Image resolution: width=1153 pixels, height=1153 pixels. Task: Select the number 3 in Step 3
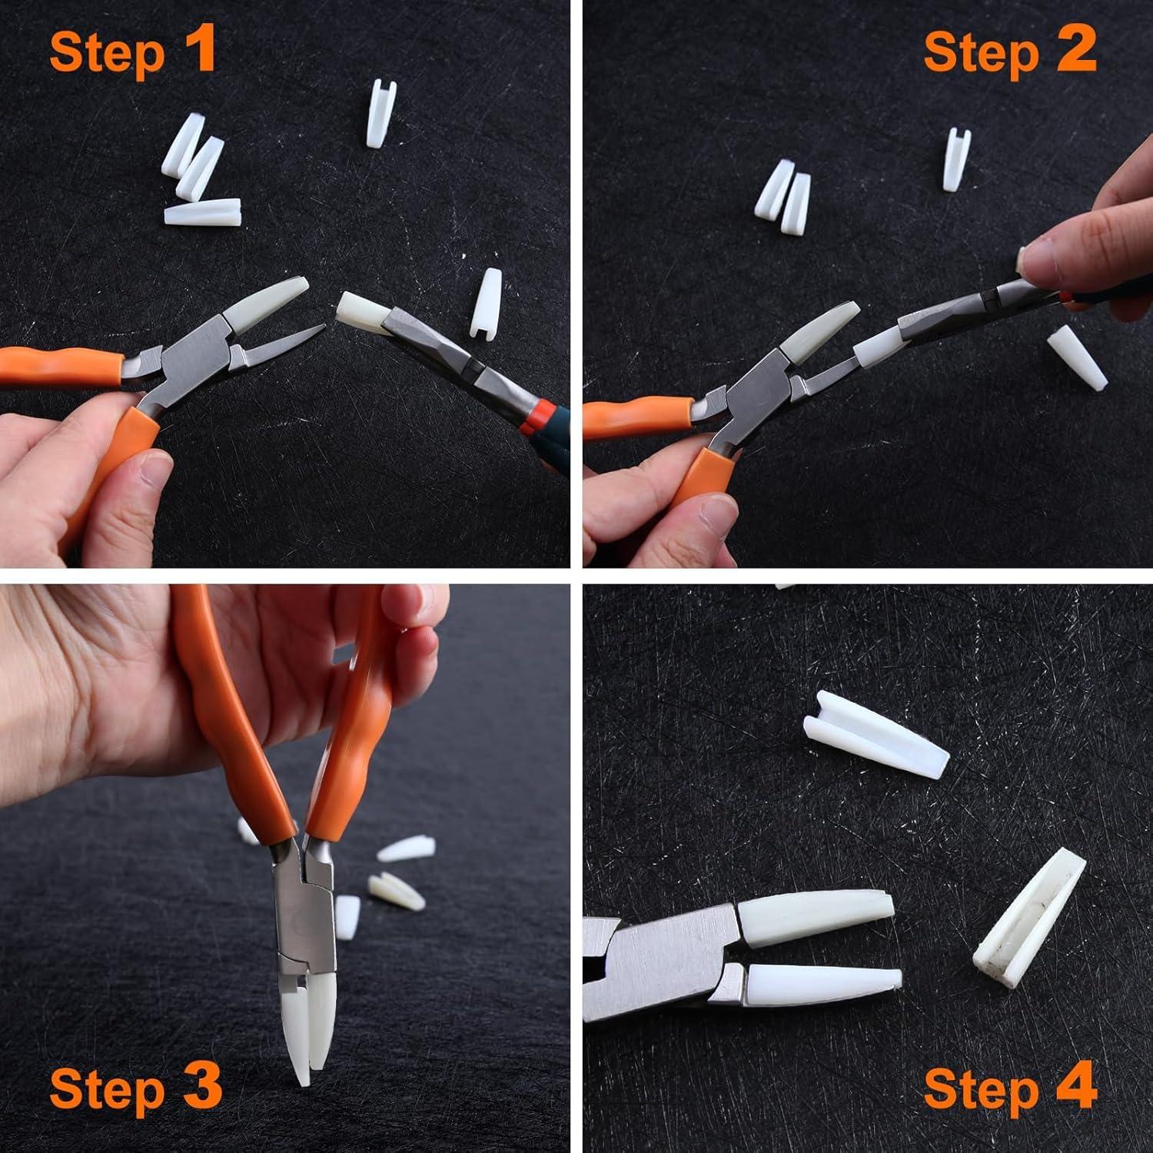(203, 1088)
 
